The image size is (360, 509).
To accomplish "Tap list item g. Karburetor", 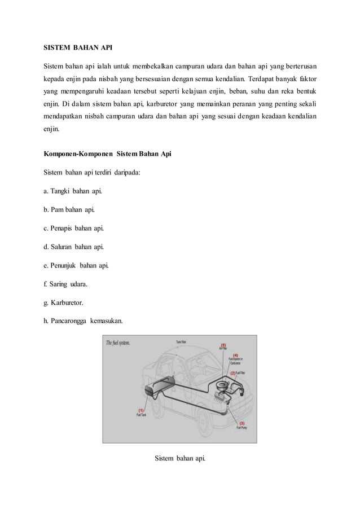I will pyautogui.click(x=64, y=302).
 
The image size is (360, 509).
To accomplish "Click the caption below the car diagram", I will pyautogui.click(x=180, y=458).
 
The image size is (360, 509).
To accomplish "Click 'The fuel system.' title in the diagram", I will pyautogui.click(x=118, y=343).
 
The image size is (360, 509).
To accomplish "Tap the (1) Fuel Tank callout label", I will pyautogui.click(x=141, y=413).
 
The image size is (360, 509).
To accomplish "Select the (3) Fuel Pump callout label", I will pyautogui.click(x=241, y=425).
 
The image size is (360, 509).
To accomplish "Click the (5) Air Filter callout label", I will pyautogui.click(x=223, y=346).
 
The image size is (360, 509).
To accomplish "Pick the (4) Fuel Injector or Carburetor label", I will pyautogui.click(x=235, y=359).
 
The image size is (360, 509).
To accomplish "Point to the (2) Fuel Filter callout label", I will pyautogui.click(x=238, y=373).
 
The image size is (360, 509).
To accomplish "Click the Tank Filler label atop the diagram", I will pyautogui.click(x=182, y=341).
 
